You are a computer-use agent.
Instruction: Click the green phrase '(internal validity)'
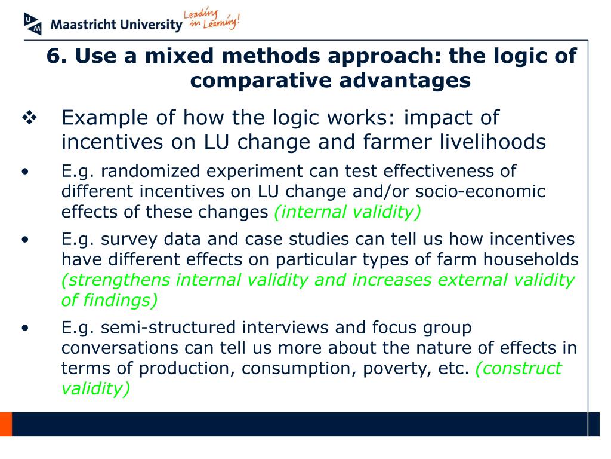click(347, 212)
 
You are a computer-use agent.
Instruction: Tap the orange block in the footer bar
click(6, 424)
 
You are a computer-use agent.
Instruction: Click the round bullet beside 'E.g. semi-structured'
click(24, 328)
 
